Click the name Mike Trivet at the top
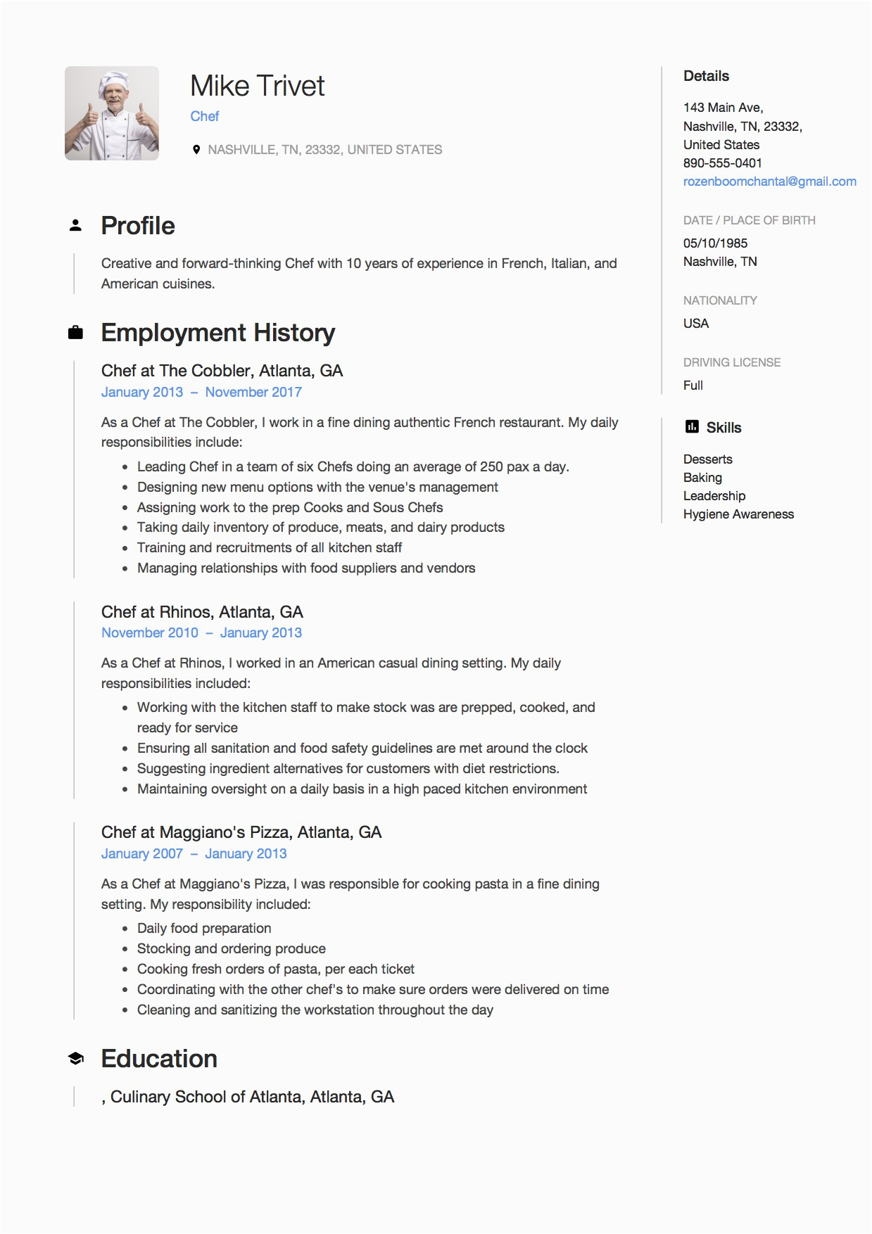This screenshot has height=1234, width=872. point(257,87)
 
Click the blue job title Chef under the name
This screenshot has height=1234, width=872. point(204,117)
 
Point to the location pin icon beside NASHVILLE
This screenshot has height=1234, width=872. point(196,149)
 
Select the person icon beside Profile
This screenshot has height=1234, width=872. point(75,226)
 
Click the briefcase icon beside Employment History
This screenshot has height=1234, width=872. point(75,333)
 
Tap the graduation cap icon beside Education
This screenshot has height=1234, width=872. point(75,1058)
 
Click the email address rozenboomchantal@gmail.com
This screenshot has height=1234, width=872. point(769,182)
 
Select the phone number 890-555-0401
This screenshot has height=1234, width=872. point(722,163)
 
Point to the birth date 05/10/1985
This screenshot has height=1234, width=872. point(715,243)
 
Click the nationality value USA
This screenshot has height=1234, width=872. point(695,324)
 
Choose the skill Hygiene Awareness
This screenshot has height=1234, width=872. point(738,514)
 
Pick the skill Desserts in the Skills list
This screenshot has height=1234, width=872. point(707,459)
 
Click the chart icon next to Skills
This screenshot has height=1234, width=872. point(691,427)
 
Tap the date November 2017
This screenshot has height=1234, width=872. point(253,393)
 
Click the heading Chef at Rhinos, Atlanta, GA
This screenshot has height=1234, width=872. point(202,612)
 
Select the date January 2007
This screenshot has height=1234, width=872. point(141,854)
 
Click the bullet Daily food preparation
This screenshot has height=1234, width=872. point(204,929)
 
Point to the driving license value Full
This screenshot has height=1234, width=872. point(693,386)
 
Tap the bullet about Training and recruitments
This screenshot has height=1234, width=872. point(270,548)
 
